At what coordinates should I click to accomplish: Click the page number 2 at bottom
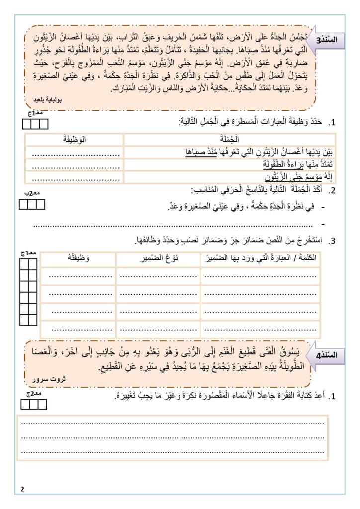pyautogui.click(x=23, y=489)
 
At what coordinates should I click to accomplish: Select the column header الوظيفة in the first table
pyautogui.click(x=75, y=139)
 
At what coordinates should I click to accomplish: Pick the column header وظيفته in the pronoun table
pyautogui.click(x=78, y=258)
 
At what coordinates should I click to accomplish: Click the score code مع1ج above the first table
pyautogui.click(x=34, y=114)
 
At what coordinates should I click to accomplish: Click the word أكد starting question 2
pyautogui.click(x=311, y=191)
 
